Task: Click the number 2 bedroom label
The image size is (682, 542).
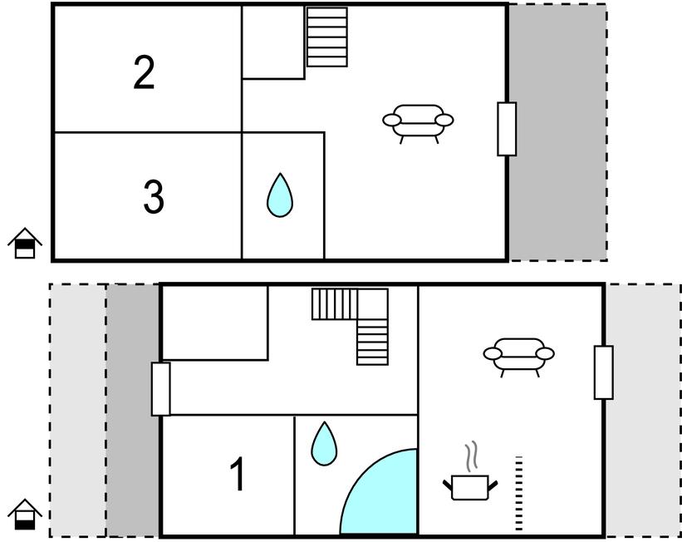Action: click(x=144, y=72)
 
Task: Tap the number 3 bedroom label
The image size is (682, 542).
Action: click(x=154, y=197)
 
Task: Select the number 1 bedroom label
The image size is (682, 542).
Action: click(x=238, y=474)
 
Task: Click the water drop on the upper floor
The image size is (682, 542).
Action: click(x=280, y=195)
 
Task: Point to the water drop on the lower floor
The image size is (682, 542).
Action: click(x=324, y=444)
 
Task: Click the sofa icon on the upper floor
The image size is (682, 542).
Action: click(x=418, y=123)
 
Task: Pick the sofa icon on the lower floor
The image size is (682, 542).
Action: click(x=519, y=357)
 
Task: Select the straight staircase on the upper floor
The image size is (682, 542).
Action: click(x=327, y=37)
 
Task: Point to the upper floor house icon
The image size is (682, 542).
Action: click(x=25, y=243)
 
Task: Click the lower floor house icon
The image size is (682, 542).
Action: click(x=25, y=514)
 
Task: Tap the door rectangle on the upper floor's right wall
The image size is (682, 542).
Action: click(x=507, y=129)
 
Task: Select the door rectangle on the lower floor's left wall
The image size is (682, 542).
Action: click(x=160, y=389)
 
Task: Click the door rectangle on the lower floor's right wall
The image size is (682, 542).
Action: click(x=604, y=372)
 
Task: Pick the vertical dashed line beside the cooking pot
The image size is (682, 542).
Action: click(x=518, y=494)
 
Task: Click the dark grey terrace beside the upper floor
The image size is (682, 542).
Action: click(x=558, y=132)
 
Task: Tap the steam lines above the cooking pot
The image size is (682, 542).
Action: click(x=472, y=456)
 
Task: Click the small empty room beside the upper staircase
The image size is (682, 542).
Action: click(x=273, y=42)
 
